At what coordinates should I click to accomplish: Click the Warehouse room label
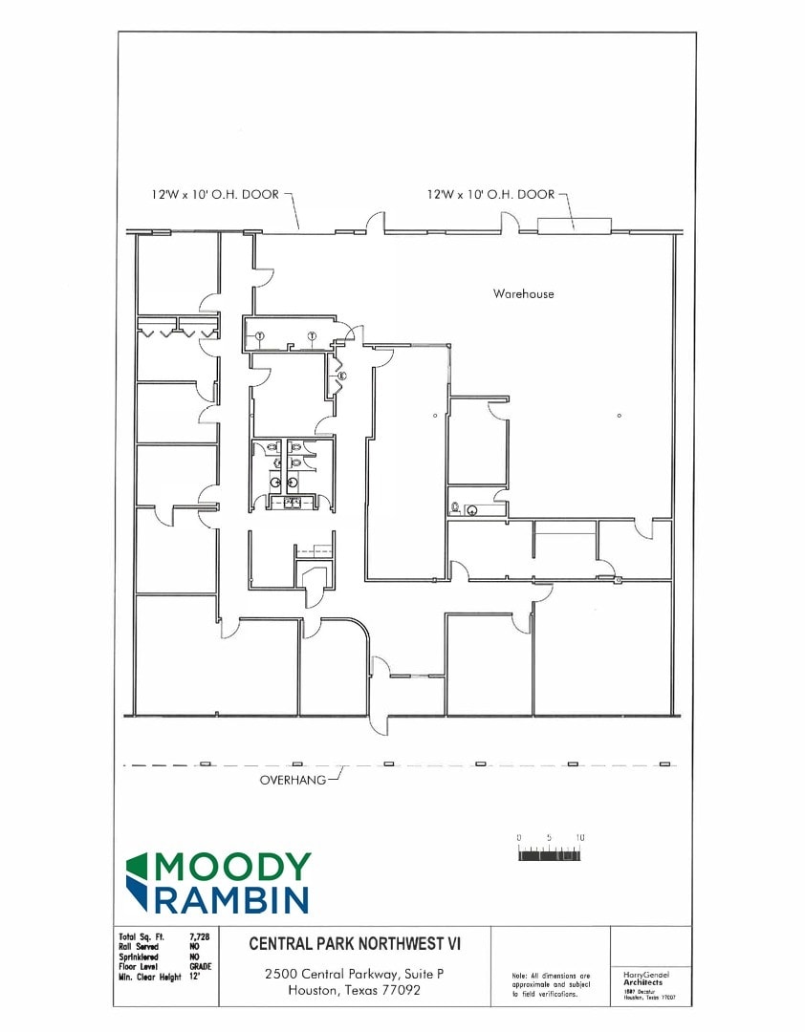pyautogui.click(x=523, y=293)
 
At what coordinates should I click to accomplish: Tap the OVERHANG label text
pyautogui.click(x=292, y=780)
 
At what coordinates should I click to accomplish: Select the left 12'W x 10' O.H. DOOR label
pyautogui.click(x=215, y=194)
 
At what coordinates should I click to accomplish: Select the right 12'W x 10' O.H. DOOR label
pyautogui.click(x=490, y=194)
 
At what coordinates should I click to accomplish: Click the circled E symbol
pyautogui.click(x=341, y=376)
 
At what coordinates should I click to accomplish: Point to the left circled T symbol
pyautogui.click(x=259, y=334)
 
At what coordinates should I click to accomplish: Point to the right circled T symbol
pyautogui.click(x=312, y=334)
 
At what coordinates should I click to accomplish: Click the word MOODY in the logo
pyautogui.click(x=232, y=867)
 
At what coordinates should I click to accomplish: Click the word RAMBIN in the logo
pyautogui.click(x=232, y=898)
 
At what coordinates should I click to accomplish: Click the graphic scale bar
pyautogui.click(x=550, y=854)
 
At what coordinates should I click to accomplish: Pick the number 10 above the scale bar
pyautogui.click(x=579, y=838)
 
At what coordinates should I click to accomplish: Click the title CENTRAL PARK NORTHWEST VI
pyautogui.click(x=355, y=944)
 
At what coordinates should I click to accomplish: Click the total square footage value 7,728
pyautogui.click(x=200, y=936)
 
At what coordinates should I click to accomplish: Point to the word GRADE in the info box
pyautogui.click(x=201, y=966)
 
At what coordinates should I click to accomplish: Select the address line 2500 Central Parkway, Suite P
pyautogui.click(x=355, y=974)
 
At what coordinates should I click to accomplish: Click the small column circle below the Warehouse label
pyautogui.click(x=620, y=416)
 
